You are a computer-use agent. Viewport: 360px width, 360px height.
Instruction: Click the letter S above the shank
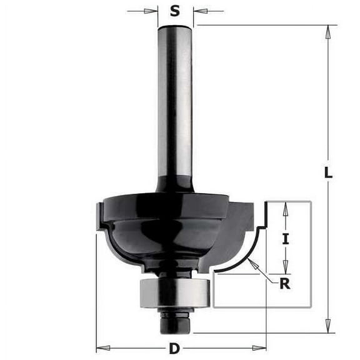(x=176, y=11)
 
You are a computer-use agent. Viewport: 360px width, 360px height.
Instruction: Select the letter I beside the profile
(x=286, y=237)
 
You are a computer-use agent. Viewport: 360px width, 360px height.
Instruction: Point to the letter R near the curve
(x=284, y=284)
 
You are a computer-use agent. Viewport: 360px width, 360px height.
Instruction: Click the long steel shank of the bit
(x=175, y=100)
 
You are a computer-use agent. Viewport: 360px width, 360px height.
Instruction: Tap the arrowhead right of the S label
(x=198, y=11)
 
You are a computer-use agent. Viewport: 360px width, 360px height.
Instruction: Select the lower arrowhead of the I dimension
(x=286, y=267)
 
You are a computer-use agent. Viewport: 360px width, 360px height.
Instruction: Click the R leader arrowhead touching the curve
(x=250, y=261)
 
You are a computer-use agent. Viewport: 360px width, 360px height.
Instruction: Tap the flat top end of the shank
(x=176, y=26)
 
